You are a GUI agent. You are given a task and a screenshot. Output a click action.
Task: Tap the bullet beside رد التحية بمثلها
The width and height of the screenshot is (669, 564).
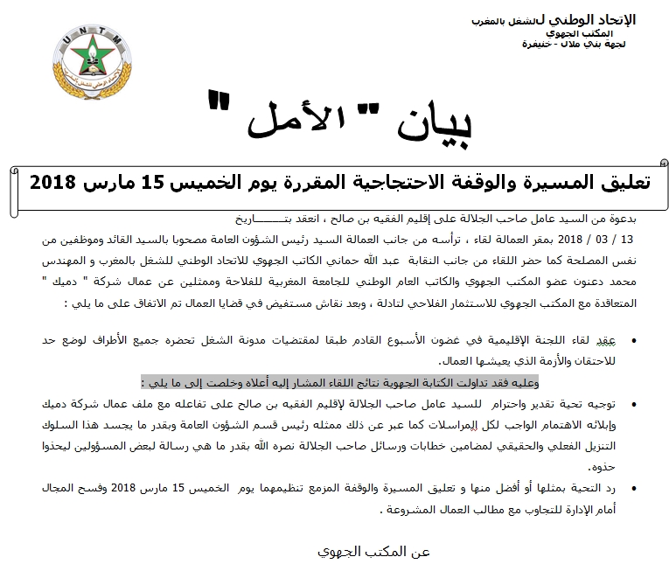632,488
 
